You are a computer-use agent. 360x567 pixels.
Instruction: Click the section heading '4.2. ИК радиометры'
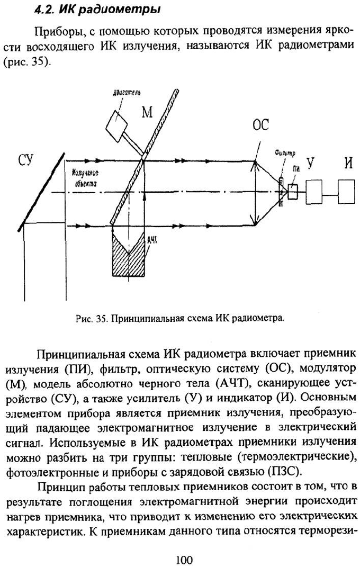pos(97,9)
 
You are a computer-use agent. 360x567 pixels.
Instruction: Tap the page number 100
pos(184,560)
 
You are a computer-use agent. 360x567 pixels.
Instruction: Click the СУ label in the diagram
pos(25,160)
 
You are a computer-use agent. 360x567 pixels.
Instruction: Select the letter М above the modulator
pos(147,112)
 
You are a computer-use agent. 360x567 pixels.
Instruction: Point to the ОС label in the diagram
pos(260,125)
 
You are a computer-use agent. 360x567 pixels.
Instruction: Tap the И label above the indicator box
pos(348,163)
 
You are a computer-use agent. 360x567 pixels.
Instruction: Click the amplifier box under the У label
pos(314,192)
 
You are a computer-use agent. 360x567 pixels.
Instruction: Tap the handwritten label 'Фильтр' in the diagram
pos(284,154)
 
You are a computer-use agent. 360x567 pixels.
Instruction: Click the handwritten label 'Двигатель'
pos(123,93)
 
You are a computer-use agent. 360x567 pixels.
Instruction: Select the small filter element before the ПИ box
pos(281,191)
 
